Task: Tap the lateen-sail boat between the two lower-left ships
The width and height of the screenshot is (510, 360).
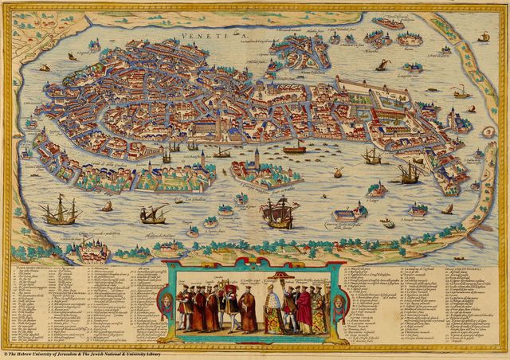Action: pyautogui.click(x=151, y=213)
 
